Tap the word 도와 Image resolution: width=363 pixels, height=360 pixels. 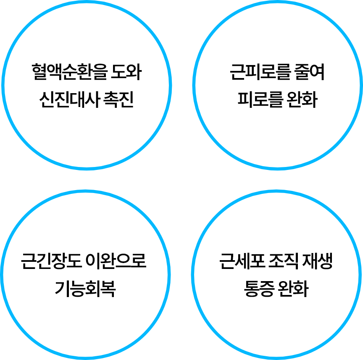[x=127, y=73]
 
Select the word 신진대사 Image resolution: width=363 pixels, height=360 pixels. [x=64, y=101]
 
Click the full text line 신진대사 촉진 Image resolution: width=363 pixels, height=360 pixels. [x=86, y=101]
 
